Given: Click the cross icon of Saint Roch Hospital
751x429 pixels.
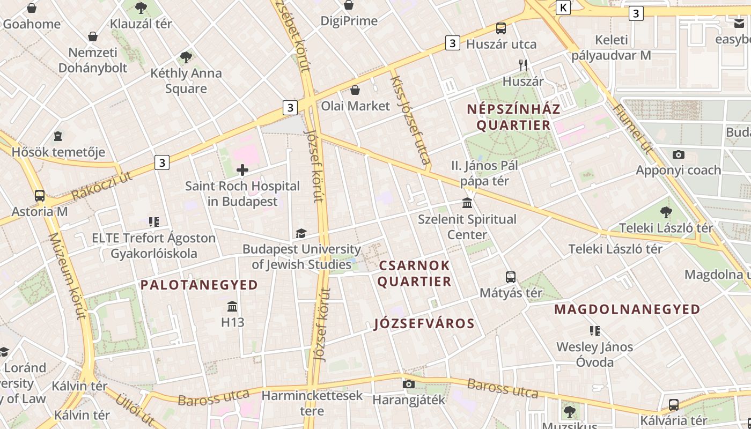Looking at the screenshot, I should point(242,171).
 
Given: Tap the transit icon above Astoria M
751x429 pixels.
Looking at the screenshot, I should point(40,196).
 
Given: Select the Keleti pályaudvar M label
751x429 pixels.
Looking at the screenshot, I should point(611,48).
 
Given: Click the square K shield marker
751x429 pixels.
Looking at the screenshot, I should point(563,8).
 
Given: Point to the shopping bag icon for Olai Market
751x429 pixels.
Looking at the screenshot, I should point(355,90).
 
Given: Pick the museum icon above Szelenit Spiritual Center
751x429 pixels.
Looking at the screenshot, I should point(467,203).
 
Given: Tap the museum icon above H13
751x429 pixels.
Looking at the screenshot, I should point(232,307).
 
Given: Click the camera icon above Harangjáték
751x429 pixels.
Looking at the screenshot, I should point(409,384).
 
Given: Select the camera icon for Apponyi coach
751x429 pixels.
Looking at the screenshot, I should point(678,155).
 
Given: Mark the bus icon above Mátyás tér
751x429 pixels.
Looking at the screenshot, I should point(511,277).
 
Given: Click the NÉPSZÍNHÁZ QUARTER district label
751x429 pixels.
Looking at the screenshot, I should point(513,117).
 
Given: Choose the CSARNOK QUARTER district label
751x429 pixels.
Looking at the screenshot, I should point(414,273).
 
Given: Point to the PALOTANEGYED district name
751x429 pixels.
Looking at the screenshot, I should point(199,285).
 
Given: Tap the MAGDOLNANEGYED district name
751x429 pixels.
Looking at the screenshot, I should point(627,309).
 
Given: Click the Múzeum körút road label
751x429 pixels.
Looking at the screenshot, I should point(67,276).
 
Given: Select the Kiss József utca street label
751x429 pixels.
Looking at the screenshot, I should point(410,119).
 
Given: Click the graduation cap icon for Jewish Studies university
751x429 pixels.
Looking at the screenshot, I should point(301,234).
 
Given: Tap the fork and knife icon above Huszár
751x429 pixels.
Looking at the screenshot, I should point(523,65).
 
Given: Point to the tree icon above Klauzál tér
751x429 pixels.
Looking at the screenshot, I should point(141,8).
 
